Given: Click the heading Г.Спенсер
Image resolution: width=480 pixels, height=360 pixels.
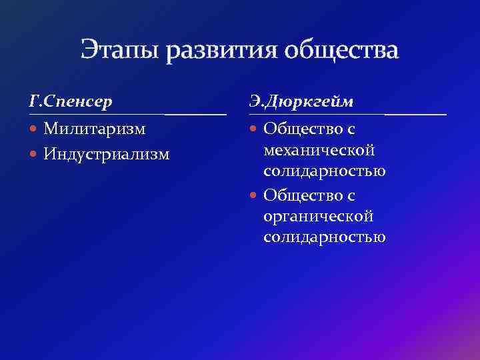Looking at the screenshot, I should coord(71,102).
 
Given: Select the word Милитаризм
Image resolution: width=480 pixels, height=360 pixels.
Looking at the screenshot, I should coord(95,127).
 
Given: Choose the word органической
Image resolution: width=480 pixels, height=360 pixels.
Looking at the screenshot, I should coord(318,216).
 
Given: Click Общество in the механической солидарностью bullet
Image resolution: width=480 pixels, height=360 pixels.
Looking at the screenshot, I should coord(299,127).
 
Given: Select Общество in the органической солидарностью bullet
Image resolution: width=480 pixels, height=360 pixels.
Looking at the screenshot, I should coord(299,195).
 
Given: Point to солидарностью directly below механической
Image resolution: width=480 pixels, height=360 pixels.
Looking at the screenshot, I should coord(324,171).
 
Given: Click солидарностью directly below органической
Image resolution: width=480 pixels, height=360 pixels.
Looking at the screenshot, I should coord(324,237).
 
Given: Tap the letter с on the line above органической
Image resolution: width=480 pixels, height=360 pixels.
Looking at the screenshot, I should coord(350,195).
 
